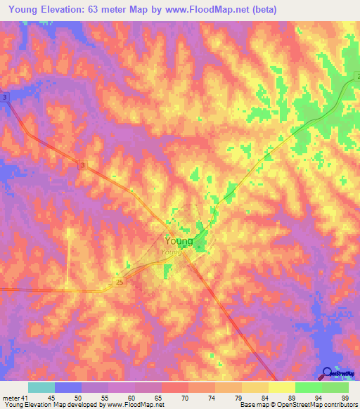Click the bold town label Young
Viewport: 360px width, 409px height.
[179, 240]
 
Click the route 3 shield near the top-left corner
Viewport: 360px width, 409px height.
[5, 97]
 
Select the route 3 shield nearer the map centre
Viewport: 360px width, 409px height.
[82, 165]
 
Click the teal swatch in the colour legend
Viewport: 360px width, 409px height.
[41, 387]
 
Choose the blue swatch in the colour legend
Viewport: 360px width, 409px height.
[67, 387]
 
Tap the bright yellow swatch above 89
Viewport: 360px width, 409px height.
[281, 387]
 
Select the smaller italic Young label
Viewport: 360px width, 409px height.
[171, 252]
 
